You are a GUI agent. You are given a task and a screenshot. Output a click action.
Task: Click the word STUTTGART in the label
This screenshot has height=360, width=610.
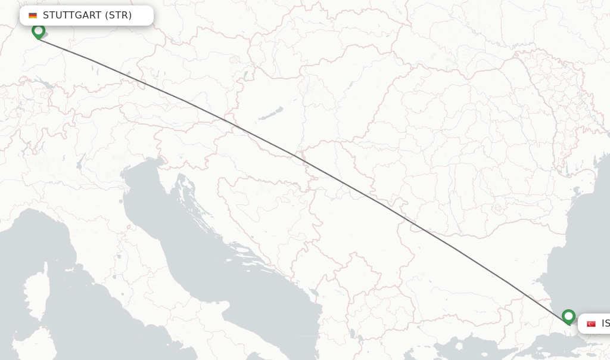(72, 15)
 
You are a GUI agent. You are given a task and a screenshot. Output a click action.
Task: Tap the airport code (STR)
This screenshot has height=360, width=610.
(119, 15)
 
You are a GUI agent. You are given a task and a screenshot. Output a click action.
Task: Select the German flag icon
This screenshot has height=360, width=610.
(33, 15)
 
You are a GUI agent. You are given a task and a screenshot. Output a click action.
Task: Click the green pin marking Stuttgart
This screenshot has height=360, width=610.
(38, 30)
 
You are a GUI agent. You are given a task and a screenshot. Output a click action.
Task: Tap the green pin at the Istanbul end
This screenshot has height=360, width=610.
(568, 316)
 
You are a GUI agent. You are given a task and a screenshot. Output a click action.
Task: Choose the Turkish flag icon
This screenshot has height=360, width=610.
(591, 324)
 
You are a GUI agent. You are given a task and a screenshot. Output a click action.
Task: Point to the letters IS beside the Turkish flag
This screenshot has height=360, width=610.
(605, 324)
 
